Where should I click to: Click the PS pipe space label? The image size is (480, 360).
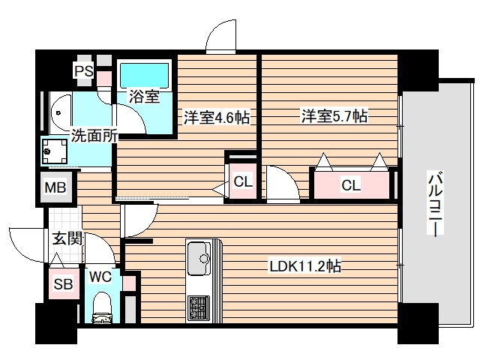(x=84, y=71)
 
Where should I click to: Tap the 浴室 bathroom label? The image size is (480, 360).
(x=144, y=96)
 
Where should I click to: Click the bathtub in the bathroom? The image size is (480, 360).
(x=144, y=76)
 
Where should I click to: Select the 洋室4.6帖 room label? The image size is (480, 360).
(x=217, y=117)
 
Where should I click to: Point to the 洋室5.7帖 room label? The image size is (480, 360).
(x=334, y=115)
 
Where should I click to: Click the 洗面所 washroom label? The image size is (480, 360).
(x=94, y=135)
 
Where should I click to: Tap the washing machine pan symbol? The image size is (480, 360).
(x=55, y=151)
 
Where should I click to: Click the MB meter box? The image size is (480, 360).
(x=55, y=187)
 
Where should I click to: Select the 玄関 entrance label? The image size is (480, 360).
(x=67, y=238)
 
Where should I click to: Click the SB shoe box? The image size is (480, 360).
(x=64, y=283)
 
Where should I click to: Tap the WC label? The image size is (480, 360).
(x=100, y=277)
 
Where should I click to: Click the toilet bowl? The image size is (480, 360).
(x=102, y=307)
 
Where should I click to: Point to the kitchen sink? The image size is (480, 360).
(x=199, y=258)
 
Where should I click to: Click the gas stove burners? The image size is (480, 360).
(x=199, y=308)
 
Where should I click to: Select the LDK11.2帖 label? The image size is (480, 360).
(x=305, y=266)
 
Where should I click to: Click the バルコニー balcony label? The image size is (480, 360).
(x=435, y=204)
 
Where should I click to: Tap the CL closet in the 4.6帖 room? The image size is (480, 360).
(x=243, y=181)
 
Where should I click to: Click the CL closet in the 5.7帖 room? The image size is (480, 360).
(x=351, y=185)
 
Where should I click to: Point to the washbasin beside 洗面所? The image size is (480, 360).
(x=60, y=113)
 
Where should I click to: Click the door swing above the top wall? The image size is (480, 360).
(x=221, y=35)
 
